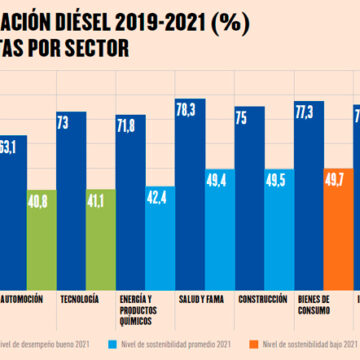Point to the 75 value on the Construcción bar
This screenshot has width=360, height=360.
click(248, 116)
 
